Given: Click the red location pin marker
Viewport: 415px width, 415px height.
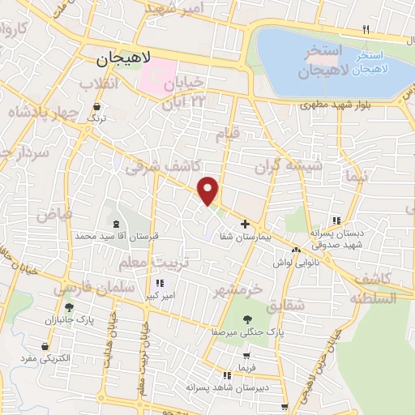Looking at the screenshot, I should click(x=209, y=190).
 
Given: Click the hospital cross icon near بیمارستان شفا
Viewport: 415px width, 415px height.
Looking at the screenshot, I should click(x=246, y=223).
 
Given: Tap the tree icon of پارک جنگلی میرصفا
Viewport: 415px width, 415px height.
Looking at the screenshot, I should click(x=248, y=319).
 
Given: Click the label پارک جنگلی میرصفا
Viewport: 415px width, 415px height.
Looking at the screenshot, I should click(x=248, y=332).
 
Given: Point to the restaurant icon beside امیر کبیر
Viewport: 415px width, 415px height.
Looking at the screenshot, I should click(x=160, y=284).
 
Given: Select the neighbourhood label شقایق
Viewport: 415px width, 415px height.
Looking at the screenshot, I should click(x=288, y=304).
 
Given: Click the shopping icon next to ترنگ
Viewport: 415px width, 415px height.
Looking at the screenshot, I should click(x=97, y=106).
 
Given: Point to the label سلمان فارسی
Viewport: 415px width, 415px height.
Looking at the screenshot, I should click(x=85, y=287).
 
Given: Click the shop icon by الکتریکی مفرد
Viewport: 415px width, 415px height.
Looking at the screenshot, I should click(x=44, y=346).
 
